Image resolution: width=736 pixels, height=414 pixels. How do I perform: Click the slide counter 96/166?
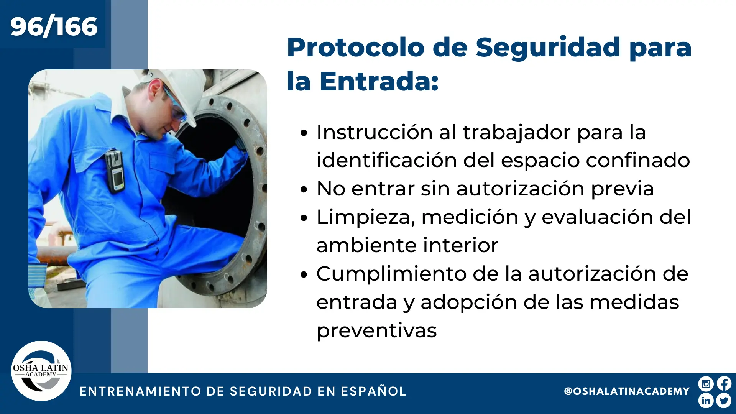(x=54, y=26)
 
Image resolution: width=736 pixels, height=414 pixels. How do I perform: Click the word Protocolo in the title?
(x=356, y=48)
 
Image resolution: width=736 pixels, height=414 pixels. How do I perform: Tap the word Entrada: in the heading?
(x=379, y=81)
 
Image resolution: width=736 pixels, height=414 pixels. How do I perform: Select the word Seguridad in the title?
(x=548, y=48)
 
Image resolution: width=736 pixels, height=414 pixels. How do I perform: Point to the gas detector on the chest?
(x=115, y=171)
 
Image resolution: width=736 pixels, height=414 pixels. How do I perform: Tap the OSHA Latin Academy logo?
(x=41, y=371)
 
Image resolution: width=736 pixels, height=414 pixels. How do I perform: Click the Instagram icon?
(x=706, y=384)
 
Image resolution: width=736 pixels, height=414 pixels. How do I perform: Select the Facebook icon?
(x=724, y=384)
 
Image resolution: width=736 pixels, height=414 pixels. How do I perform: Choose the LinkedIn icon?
(x=706, y=401)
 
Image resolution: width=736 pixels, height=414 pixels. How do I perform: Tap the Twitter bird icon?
(x=724, y=401)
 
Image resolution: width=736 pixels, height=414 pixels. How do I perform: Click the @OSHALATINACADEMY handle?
(x=627, y=391)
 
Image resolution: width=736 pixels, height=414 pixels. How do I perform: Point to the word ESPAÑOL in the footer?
(x=374, y=391)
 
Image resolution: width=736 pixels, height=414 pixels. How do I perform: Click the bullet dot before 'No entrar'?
(x=304, y=189)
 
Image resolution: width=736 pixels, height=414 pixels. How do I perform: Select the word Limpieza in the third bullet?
(x=366, y=217)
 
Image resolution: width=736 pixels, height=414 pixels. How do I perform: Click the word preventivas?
(x=377, y=330)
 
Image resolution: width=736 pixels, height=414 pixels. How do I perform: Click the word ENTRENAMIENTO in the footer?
(x=140, y=391)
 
